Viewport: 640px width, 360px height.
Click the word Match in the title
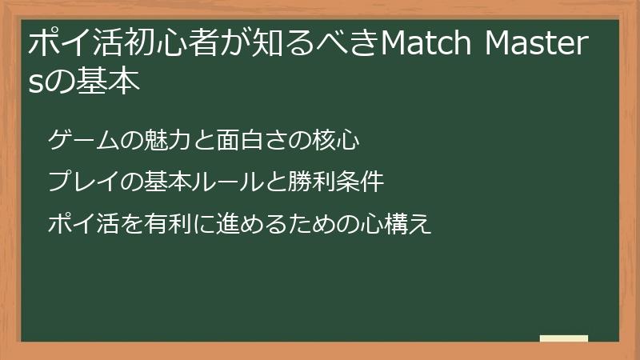click(426, 45)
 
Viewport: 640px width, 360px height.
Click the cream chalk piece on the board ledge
click(563, 338)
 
